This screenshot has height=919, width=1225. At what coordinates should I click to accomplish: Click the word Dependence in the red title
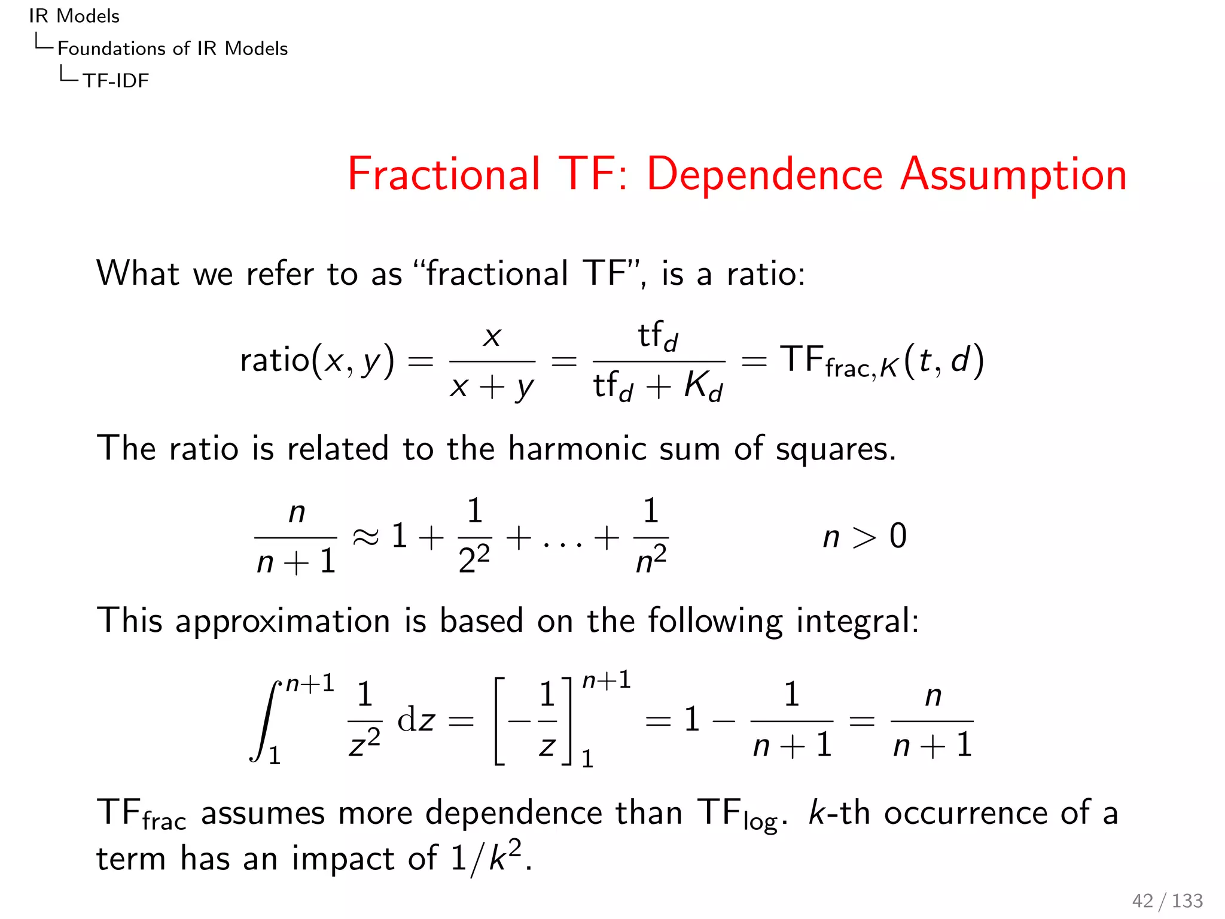point(764,174)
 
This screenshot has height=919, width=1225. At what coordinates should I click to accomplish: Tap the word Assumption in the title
point(1013,174)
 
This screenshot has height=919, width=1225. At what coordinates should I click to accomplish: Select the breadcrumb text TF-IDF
point(115,80)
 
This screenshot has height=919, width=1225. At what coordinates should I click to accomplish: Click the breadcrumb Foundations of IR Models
point(172,48)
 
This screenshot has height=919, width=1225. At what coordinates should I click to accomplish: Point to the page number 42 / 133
point(1167,900)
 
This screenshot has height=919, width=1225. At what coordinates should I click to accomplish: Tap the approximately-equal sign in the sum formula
point(365,537)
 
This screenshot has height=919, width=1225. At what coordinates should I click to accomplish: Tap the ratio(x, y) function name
point(317,361)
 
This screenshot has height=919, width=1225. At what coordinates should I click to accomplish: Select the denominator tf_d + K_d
point(658,386)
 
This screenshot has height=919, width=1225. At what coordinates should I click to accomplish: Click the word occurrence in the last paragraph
point(965,813)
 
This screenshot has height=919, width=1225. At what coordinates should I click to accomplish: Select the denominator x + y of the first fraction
point(491,387)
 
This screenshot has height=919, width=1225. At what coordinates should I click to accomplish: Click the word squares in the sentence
point(835,449)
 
